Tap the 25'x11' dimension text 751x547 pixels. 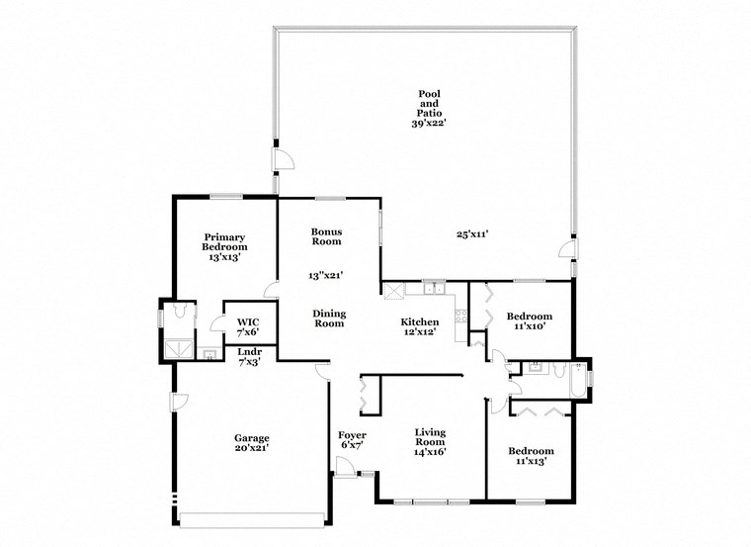point(472,234)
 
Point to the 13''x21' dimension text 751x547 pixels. point(326,276)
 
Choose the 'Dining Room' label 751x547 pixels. point(329,318)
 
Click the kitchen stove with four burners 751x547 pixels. point(459,317)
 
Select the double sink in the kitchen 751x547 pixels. point(433,289)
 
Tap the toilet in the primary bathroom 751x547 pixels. point(178,311)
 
